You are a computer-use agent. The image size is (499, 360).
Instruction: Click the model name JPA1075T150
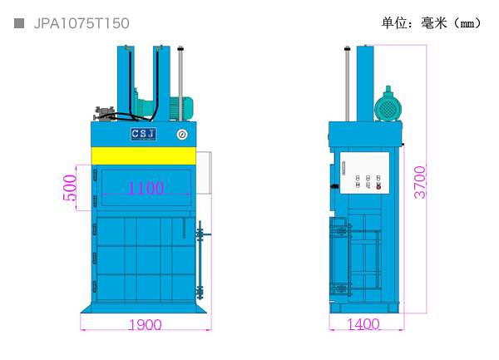pyautogui.click(x=82, y=23)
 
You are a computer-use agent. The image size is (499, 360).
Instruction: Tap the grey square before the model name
pyautogui.click(x=19, y=23)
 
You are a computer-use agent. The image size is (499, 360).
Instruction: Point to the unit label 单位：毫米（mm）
pyautogui.click(x=432, y=23)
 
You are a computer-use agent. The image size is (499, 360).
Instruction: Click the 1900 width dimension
pyautogui.click(x=145, y=324)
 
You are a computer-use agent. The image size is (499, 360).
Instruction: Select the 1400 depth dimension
pyautogui.click(x=363, y=324)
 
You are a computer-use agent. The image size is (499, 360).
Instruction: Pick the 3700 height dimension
pyautogui.click(x=420, y=182)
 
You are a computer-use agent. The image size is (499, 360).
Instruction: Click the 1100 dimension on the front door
pyautogui.click(x=146, y=188)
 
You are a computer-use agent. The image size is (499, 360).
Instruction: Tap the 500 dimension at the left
pyautogui.click(x=70, y=188)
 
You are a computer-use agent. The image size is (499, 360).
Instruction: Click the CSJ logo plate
pyautogui.click(x=144, y=134)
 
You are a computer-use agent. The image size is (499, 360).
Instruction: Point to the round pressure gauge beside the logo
pyautogui.click(x=182, y=135)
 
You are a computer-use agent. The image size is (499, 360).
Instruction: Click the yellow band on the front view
pyautogui.click(x=144, y=155)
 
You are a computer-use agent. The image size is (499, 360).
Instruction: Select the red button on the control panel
pyautogui.click(x=378, y=187)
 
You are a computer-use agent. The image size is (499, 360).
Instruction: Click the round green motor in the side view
pyautogui.click(x=388, y=108)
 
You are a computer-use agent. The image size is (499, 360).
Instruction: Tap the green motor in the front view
pyautogui.click(x=181, y=107)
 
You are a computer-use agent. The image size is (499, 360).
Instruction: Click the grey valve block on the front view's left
pyautogui.click(x=104, y=114)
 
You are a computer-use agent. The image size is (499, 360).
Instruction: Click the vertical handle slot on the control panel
pyautogui.click(x=343, y=168)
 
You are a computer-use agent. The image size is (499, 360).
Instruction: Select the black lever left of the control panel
pyautogui.click(x=334, y=186)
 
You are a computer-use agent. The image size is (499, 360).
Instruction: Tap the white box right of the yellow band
pyautogui.click(x=204, y=173)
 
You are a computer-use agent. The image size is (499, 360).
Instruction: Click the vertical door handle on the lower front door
pyautogui.click(x=184, y=228)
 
